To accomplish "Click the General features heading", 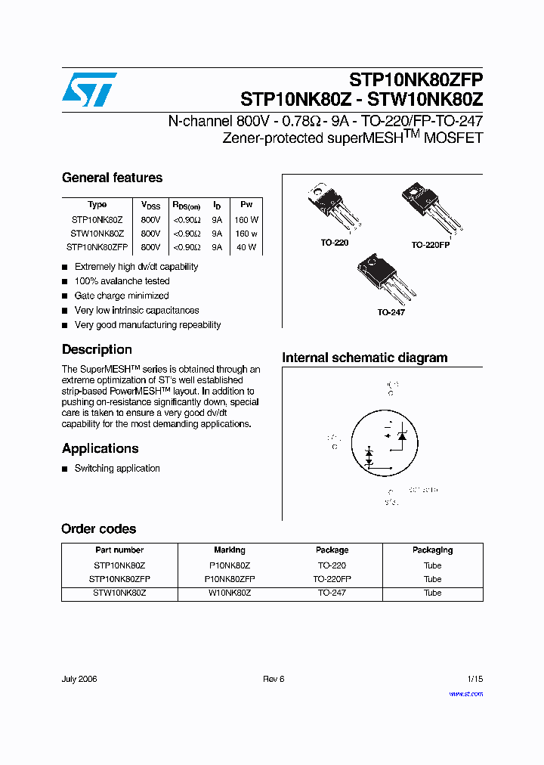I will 112,178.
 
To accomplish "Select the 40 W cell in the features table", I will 246,247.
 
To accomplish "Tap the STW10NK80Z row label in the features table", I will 97,234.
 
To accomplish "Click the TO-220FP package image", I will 431,208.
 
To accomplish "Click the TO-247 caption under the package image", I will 391,312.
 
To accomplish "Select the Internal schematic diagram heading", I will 364,358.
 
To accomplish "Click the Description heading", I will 97,349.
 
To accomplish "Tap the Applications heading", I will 100,448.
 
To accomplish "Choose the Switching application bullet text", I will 117,469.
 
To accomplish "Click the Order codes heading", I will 98,529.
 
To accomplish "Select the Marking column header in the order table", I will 230,550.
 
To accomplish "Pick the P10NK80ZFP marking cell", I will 230,579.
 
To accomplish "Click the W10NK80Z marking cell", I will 230,593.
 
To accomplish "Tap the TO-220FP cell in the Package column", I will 332,579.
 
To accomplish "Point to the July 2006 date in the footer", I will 79,679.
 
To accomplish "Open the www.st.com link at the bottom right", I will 465,694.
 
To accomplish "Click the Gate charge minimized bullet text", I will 122,296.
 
